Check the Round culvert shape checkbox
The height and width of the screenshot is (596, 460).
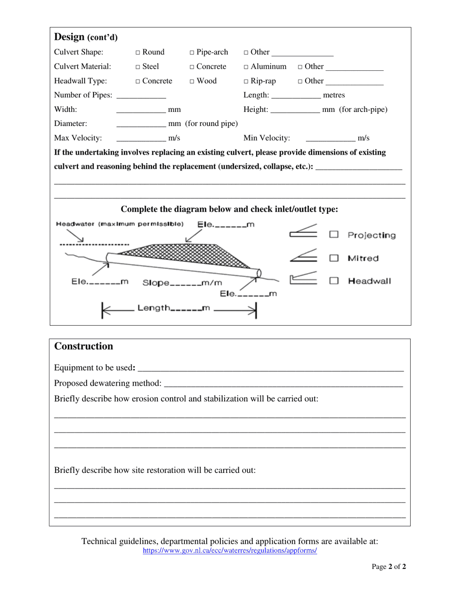138,52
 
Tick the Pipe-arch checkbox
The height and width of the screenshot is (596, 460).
192,52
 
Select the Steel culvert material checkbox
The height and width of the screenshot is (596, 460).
138,67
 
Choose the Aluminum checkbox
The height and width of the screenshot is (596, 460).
246,67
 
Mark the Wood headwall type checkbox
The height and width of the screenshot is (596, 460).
192,81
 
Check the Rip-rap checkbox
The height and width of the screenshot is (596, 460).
246,81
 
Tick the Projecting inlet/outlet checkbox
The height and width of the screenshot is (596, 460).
334,235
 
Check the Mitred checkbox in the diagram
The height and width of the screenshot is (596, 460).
334,258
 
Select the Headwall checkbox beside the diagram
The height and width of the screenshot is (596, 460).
334,281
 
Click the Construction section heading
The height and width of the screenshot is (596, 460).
83,346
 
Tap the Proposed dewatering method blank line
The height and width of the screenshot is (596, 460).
283,384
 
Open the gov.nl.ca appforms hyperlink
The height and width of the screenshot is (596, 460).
230,551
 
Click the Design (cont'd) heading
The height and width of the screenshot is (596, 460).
86,37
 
